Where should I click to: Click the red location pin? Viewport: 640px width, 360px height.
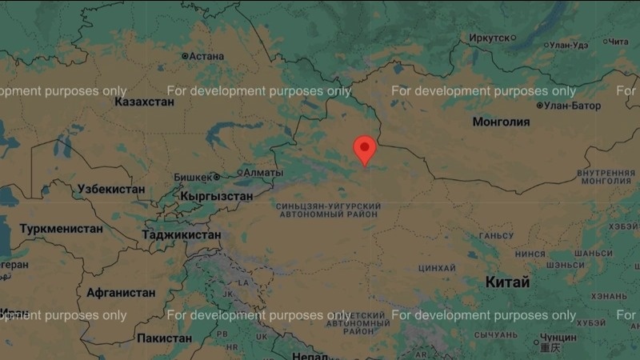click(365, 149)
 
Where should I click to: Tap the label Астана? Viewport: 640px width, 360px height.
click(206, 56)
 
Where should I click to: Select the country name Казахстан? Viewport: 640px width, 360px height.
click(144, 102)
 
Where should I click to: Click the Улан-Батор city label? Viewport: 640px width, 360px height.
click(572, 106)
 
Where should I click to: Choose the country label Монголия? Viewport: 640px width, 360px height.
click(501, 122)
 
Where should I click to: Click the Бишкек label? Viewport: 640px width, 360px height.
click(193, 176)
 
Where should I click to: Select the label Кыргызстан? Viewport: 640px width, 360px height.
click(217, 196)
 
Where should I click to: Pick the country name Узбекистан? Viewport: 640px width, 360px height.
click(111, 190)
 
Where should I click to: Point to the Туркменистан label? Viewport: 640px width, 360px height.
click(62, 229)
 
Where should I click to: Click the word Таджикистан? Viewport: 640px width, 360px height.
click(181, 235)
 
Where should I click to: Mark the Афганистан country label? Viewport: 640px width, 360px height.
click(121, 293)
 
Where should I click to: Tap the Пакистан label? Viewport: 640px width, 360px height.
click(164, 338)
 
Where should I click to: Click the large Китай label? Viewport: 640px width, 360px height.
click(507, 282)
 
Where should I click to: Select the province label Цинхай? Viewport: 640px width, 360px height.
click(437, 267)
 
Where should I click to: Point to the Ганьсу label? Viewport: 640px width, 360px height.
click(495, 236)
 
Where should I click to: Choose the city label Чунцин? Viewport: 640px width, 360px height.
click(558, 338)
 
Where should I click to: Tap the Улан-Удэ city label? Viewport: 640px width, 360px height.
click(570, 45)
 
